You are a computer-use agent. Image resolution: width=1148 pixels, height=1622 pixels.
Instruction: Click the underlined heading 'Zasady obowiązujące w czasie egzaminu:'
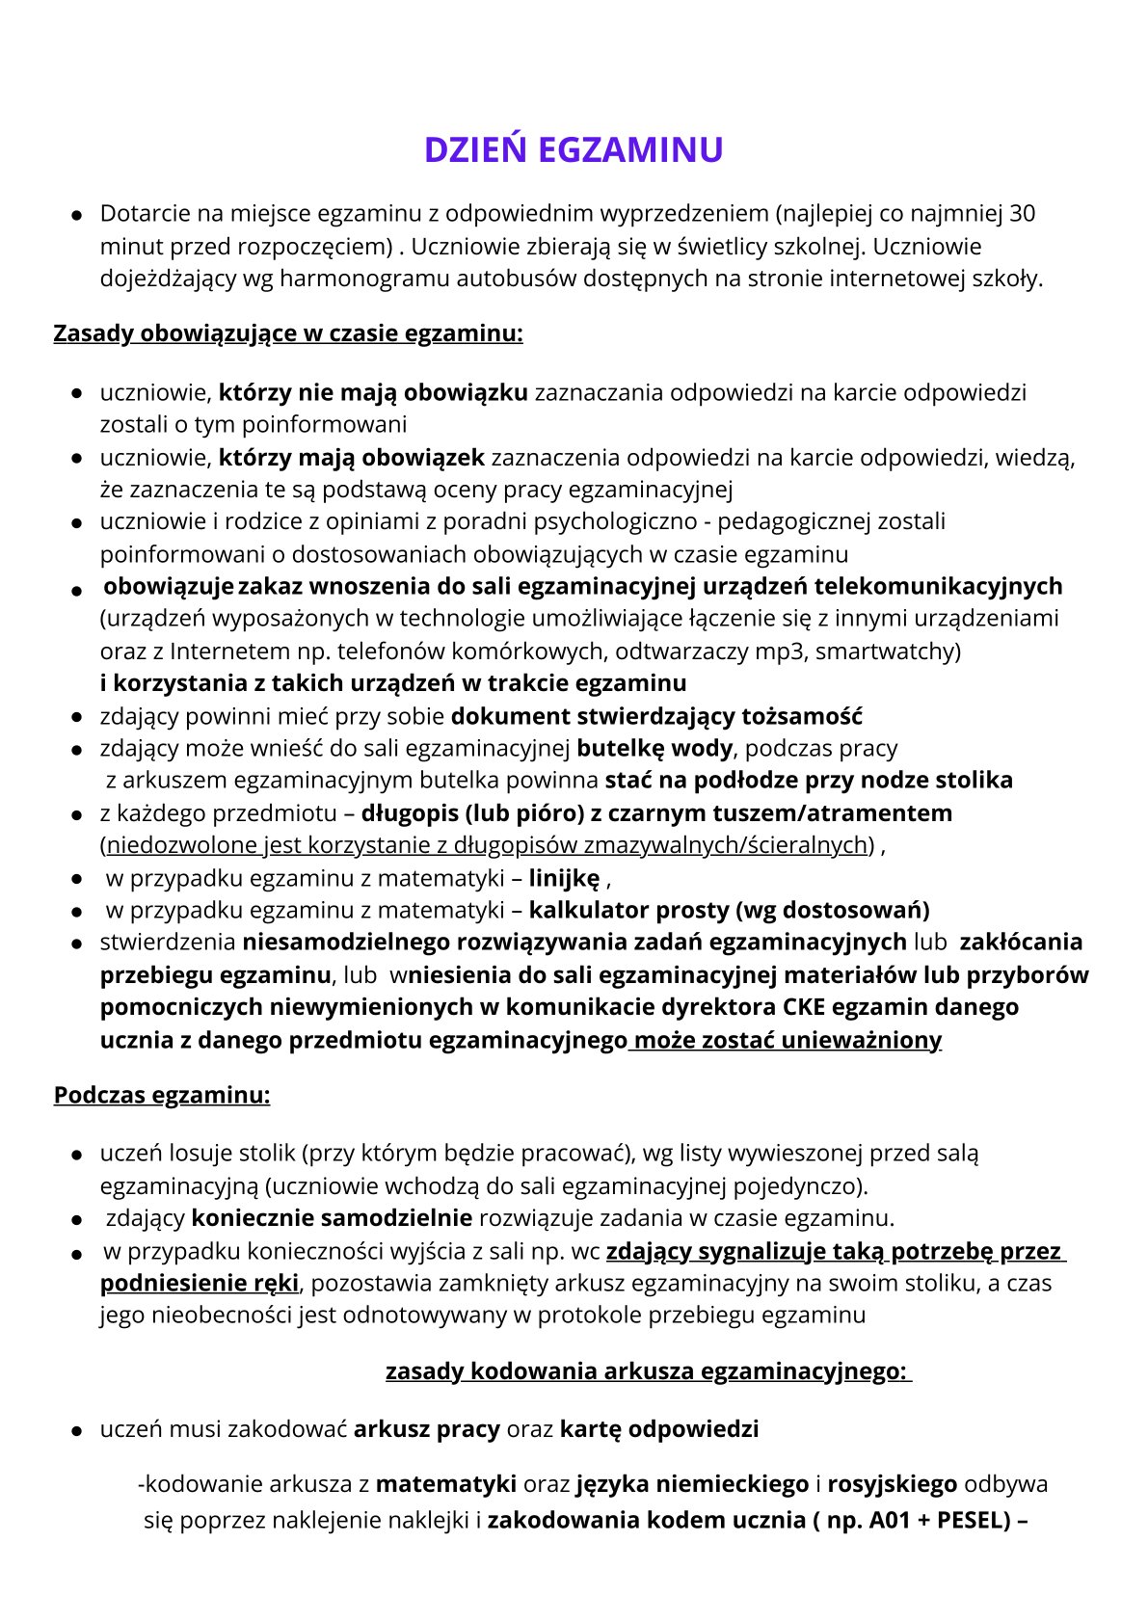point(288,333)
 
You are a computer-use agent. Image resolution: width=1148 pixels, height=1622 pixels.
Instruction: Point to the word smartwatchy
point(889,651)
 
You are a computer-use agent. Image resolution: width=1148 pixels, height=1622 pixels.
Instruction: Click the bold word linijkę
point(564,878)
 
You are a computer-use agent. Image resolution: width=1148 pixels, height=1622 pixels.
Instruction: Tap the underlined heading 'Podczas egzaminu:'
point(162,1095)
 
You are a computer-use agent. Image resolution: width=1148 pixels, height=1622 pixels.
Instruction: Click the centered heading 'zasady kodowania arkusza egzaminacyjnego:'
point(647,1370)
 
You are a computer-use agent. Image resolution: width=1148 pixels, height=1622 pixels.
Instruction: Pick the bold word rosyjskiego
point(892,1483)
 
